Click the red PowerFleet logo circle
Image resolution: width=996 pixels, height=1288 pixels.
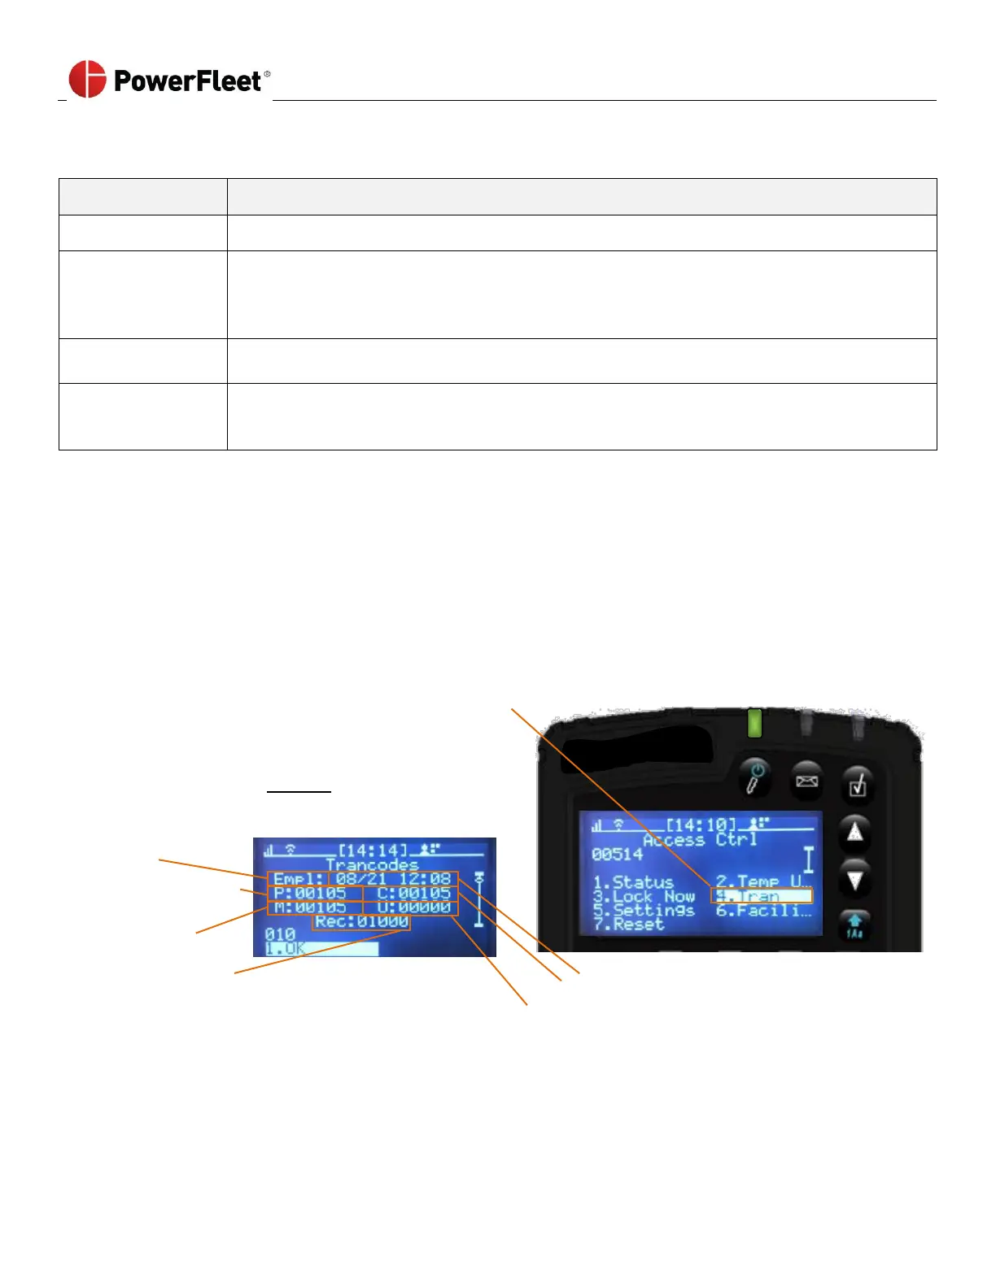[x=87, y=79]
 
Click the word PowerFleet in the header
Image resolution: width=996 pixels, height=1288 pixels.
[x=187, y=80]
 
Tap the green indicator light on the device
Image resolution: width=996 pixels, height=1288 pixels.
[x=754, y=723]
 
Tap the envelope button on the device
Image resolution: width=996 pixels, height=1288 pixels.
[x=806, y=781]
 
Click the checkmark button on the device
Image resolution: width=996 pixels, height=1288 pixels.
[x=857, y=784]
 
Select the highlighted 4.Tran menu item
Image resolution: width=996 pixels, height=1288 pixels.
[x=762, y=896]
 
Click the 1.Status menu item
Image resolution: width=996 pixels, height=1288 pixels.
[x=633, y=882]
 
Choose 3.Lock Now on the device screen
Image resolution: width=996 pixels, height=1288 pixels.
[x=644, y=896]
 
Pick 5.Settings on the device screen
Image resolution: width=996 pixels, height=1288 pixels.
[x=644, y=911]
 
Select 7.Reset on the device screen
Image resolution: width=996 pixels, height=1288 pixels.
[x=628, y=925]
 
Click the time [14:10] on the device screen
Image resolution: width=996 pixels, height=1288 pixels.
[x=701, y=825]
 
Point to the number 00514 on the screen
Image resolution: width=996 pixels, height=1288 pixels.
[x=617, y=855]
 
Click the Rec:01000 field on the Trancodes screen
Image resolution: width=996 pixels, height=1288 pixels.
[x=361, y=922]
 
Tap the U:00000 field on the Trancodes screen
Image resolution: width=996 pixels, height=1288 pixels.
[x=413, y=907]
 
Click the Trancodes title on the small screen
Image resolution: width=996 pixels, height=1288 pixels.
[x=372, y=865]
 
